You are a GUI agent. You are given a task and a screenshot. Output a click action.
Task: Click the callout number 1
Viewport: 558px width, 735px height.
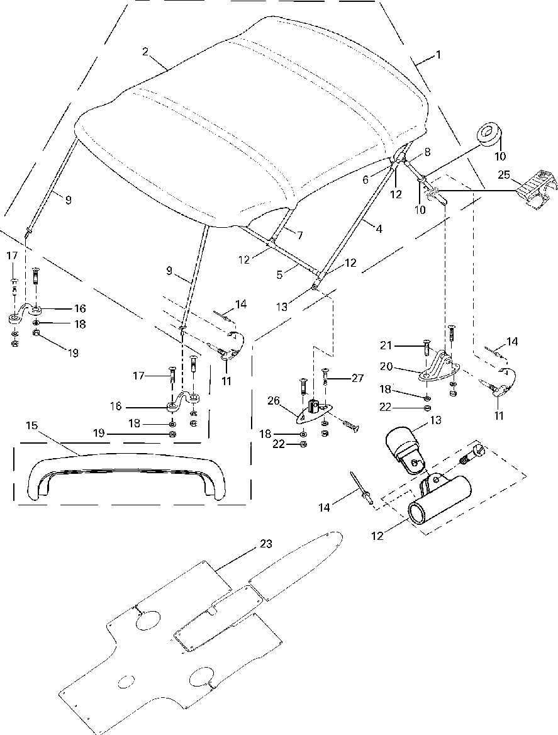coord(438,55)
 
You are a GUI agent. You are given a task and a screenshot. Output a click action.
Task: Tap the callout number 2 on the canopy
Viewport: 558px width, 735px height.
coord(145,52)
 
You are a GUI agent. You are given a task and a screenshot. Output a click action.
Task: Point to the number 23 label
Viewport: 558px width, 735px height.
coord(265,544)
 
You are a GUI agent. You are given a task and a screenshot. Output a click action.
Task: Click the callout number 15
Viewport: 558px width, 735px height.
coord(32,426)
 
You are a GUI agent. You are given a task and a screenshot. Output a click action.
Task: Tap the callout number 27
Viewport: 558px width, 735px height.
coord(358,378)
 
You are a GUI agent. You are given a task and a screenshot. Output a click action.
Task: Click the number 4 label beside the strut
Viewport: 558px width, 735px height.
coord(378,230)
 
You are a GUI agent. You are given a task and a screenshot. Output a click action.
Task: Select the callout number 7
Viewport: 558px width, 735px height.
coord(299,235)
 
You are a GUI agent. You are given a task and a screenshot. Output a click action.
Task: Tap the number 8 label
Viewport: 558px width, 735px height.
coord(427,152)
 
